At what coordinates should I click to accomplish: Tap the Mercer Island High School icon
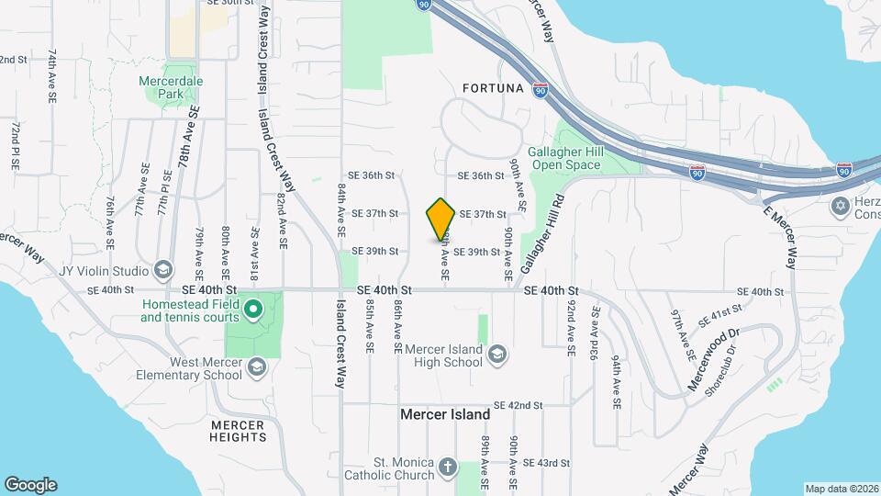point(497,355)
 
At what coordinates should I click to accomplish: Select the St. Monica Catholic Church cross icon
point(447,468)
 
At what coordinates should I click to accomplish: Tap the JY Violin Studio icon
point(163,270)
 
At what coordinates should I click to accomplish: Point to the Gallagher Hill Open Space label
point(564,159)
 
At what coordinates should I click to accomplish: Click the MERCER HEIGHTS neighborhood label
point(238,431)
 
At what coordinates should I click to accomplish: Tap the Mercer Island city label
point(445,414)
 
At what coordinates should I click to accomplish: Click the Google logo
point(30,484)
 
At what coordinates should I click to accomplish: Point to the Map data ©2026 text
point(841,489)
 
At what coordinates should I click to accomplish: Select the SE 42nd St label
point(519,405)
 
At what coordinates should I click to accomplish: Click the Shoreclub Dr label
point(721,370)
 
